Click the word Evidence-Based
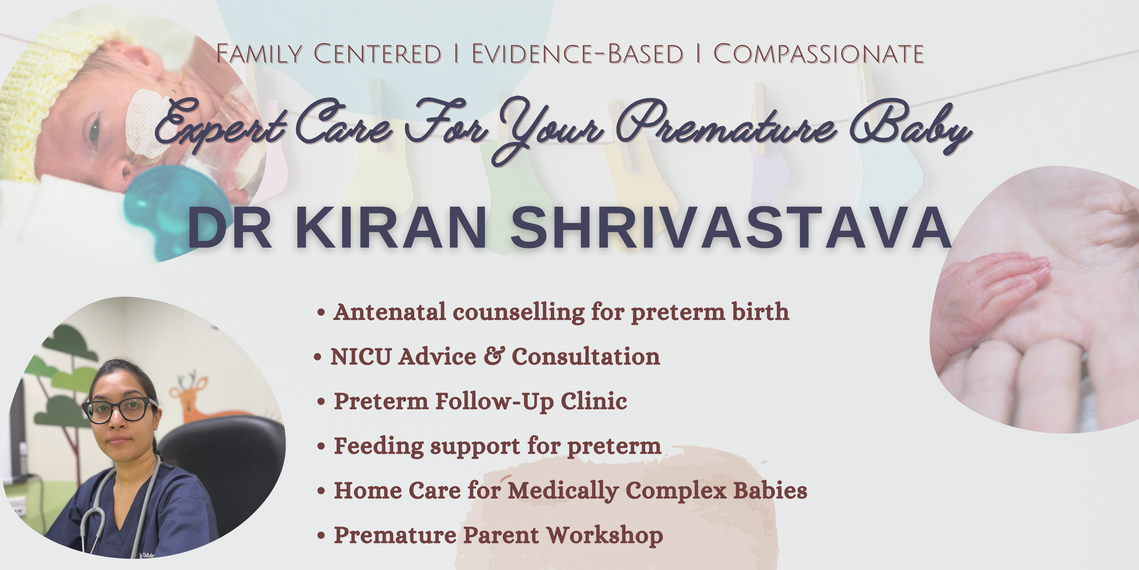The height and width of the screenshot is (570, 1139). [x=577, y=54]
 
